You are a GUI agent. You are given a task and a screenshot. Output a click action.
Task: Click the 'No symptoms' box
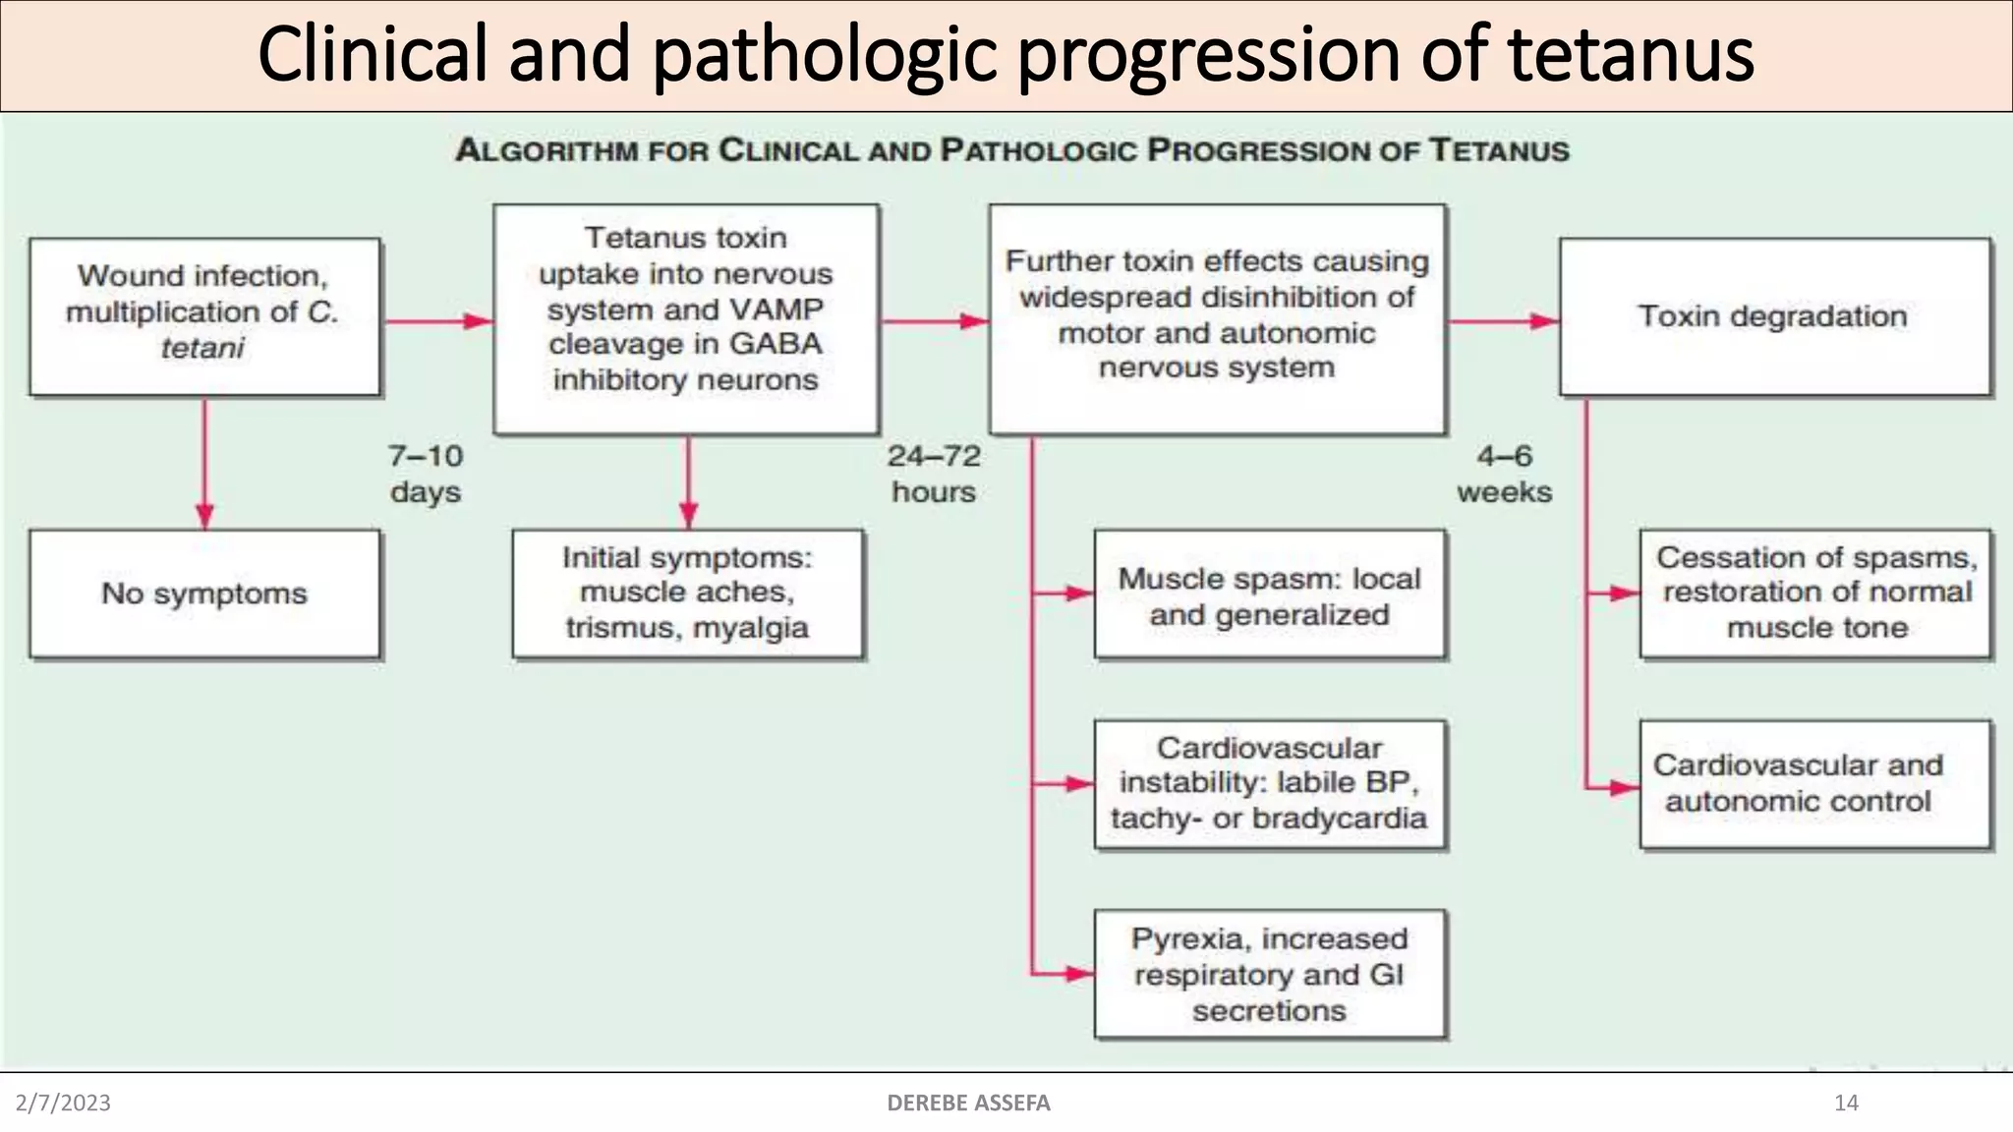[204, 594]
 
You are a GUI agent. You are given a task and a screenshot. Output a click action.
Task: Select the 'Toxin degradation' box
[1775, 316]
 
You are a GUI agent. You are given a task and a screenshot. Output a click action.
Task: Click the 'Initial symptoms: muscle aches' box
[688, 594]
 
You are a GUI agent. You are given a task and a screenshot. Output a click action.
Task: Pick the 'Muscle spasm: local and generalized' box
[1270, 595]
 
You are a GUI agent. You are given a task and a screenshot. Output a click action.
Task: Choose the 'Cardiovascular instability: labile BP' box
[1270, 784]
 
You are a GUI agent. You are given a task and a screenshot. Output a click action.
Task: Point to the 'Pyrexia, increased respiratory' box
[1270, 974]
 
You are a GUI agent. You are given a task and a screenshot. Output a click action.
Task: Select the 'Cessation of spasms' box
[1816, 594]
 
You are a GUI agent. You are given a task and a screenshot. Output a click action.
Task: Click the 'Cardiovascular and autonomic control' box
[1816, 784]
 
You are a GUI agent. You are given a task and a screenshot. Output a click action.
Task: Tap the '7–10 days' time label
[426, 474]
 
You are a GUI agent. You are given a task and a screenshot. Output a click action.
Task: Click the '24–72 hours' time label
[934, 474]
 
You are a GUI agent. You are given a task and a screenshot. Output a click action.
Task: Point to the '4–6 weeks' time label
[1504, 474]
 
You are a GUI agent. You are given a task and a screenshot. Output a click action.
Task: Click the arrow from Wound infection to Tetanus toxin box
[437, 321]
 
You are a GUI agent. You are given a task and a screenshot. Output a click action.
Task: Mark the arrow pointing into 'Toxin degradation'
[1504, 321]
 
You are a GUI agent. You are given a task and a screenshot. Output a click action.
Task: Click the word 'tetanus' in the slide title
[1632, 55]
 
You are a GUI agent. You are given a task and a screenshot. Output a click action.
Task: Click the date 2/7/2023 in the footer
[63, 1103]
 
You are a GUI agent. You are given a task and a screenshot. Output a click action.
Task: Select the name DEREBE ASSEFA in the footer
[968, 1103]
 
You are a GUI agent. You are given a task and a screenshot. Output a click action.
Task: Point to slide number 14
[1846, 1103]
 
